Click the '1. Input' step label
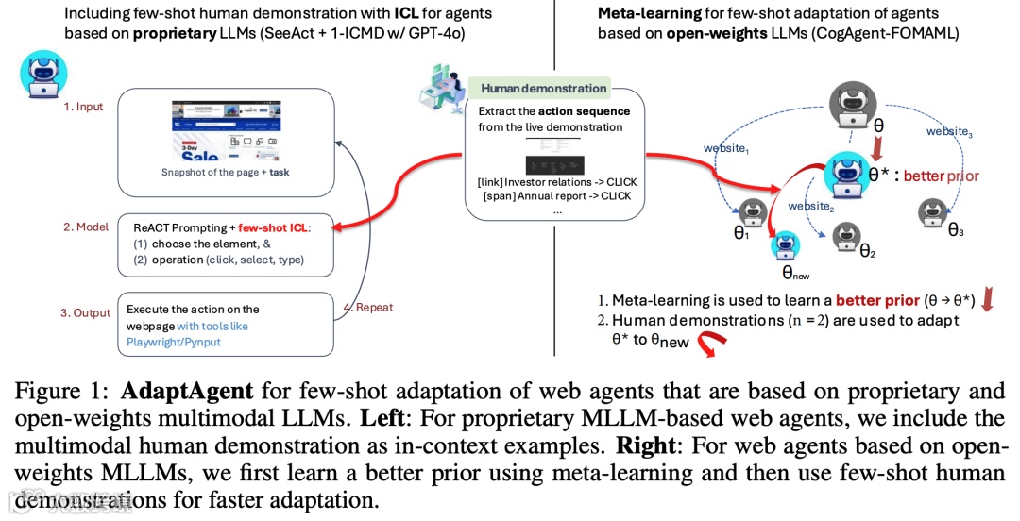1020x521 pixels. point(83,107)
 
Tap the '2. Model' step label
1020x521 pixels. point(85,227)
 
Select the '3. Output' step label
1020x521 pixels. point(86,312)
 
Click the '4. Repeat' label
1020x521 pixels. point(367,307)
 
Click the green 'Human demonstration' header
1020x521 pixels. point(543,89)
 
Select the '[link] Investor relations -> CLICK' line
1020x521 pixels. point(555,180)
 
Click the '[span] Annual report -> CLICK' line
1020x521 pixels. point(555,196)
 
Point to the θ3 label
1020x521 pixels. point(956,229)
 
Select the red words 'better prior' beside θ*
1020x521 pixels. point(941,176)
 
